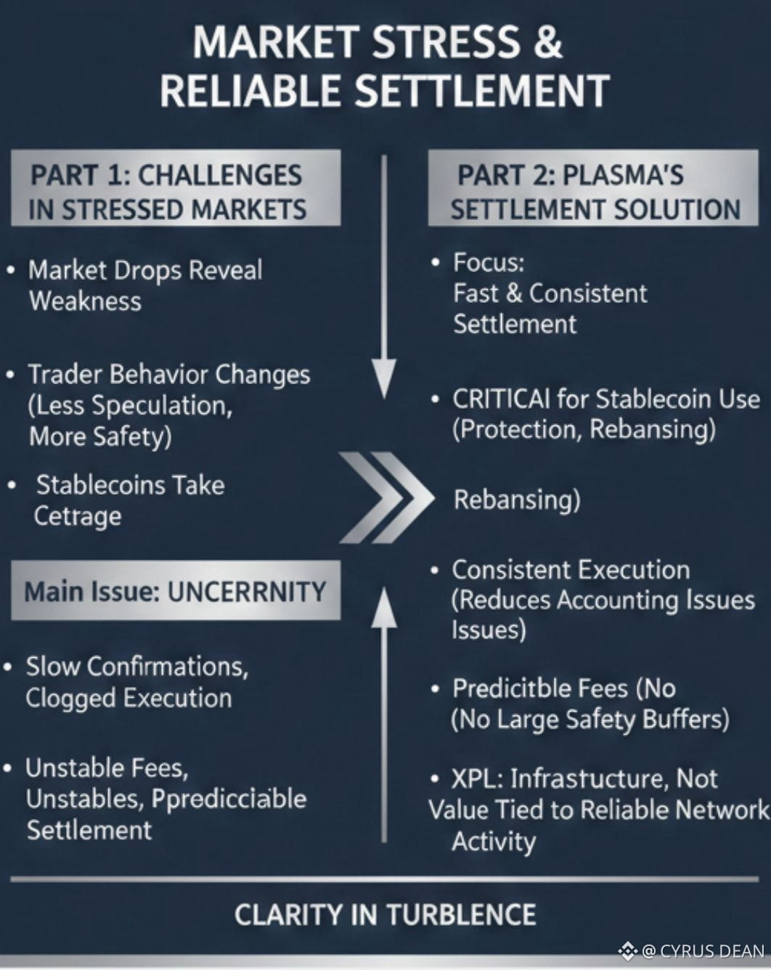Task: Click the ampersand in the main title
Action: (547, 42)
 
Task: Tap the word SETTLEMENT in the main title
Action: (483, 90)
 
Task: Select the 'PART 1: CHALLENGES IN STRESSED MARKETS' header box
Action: (176, 187)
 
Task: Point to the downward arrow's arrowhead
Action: (384, 378)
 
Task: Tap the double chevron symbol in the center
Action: (386, 497)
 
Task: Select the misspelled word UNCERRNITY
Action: (247, 592)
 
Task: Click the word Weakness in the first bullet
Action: (85, 301)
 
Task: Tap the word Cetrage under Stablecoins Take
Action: (78, 516)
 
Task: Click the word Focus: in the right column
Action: (489, 262)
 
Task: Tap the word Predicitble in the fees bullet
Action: (540, 688)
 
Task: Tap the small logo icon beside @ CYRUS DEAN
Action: (628, 950)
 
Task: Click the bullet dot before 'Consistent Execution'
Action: (435, 571)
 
